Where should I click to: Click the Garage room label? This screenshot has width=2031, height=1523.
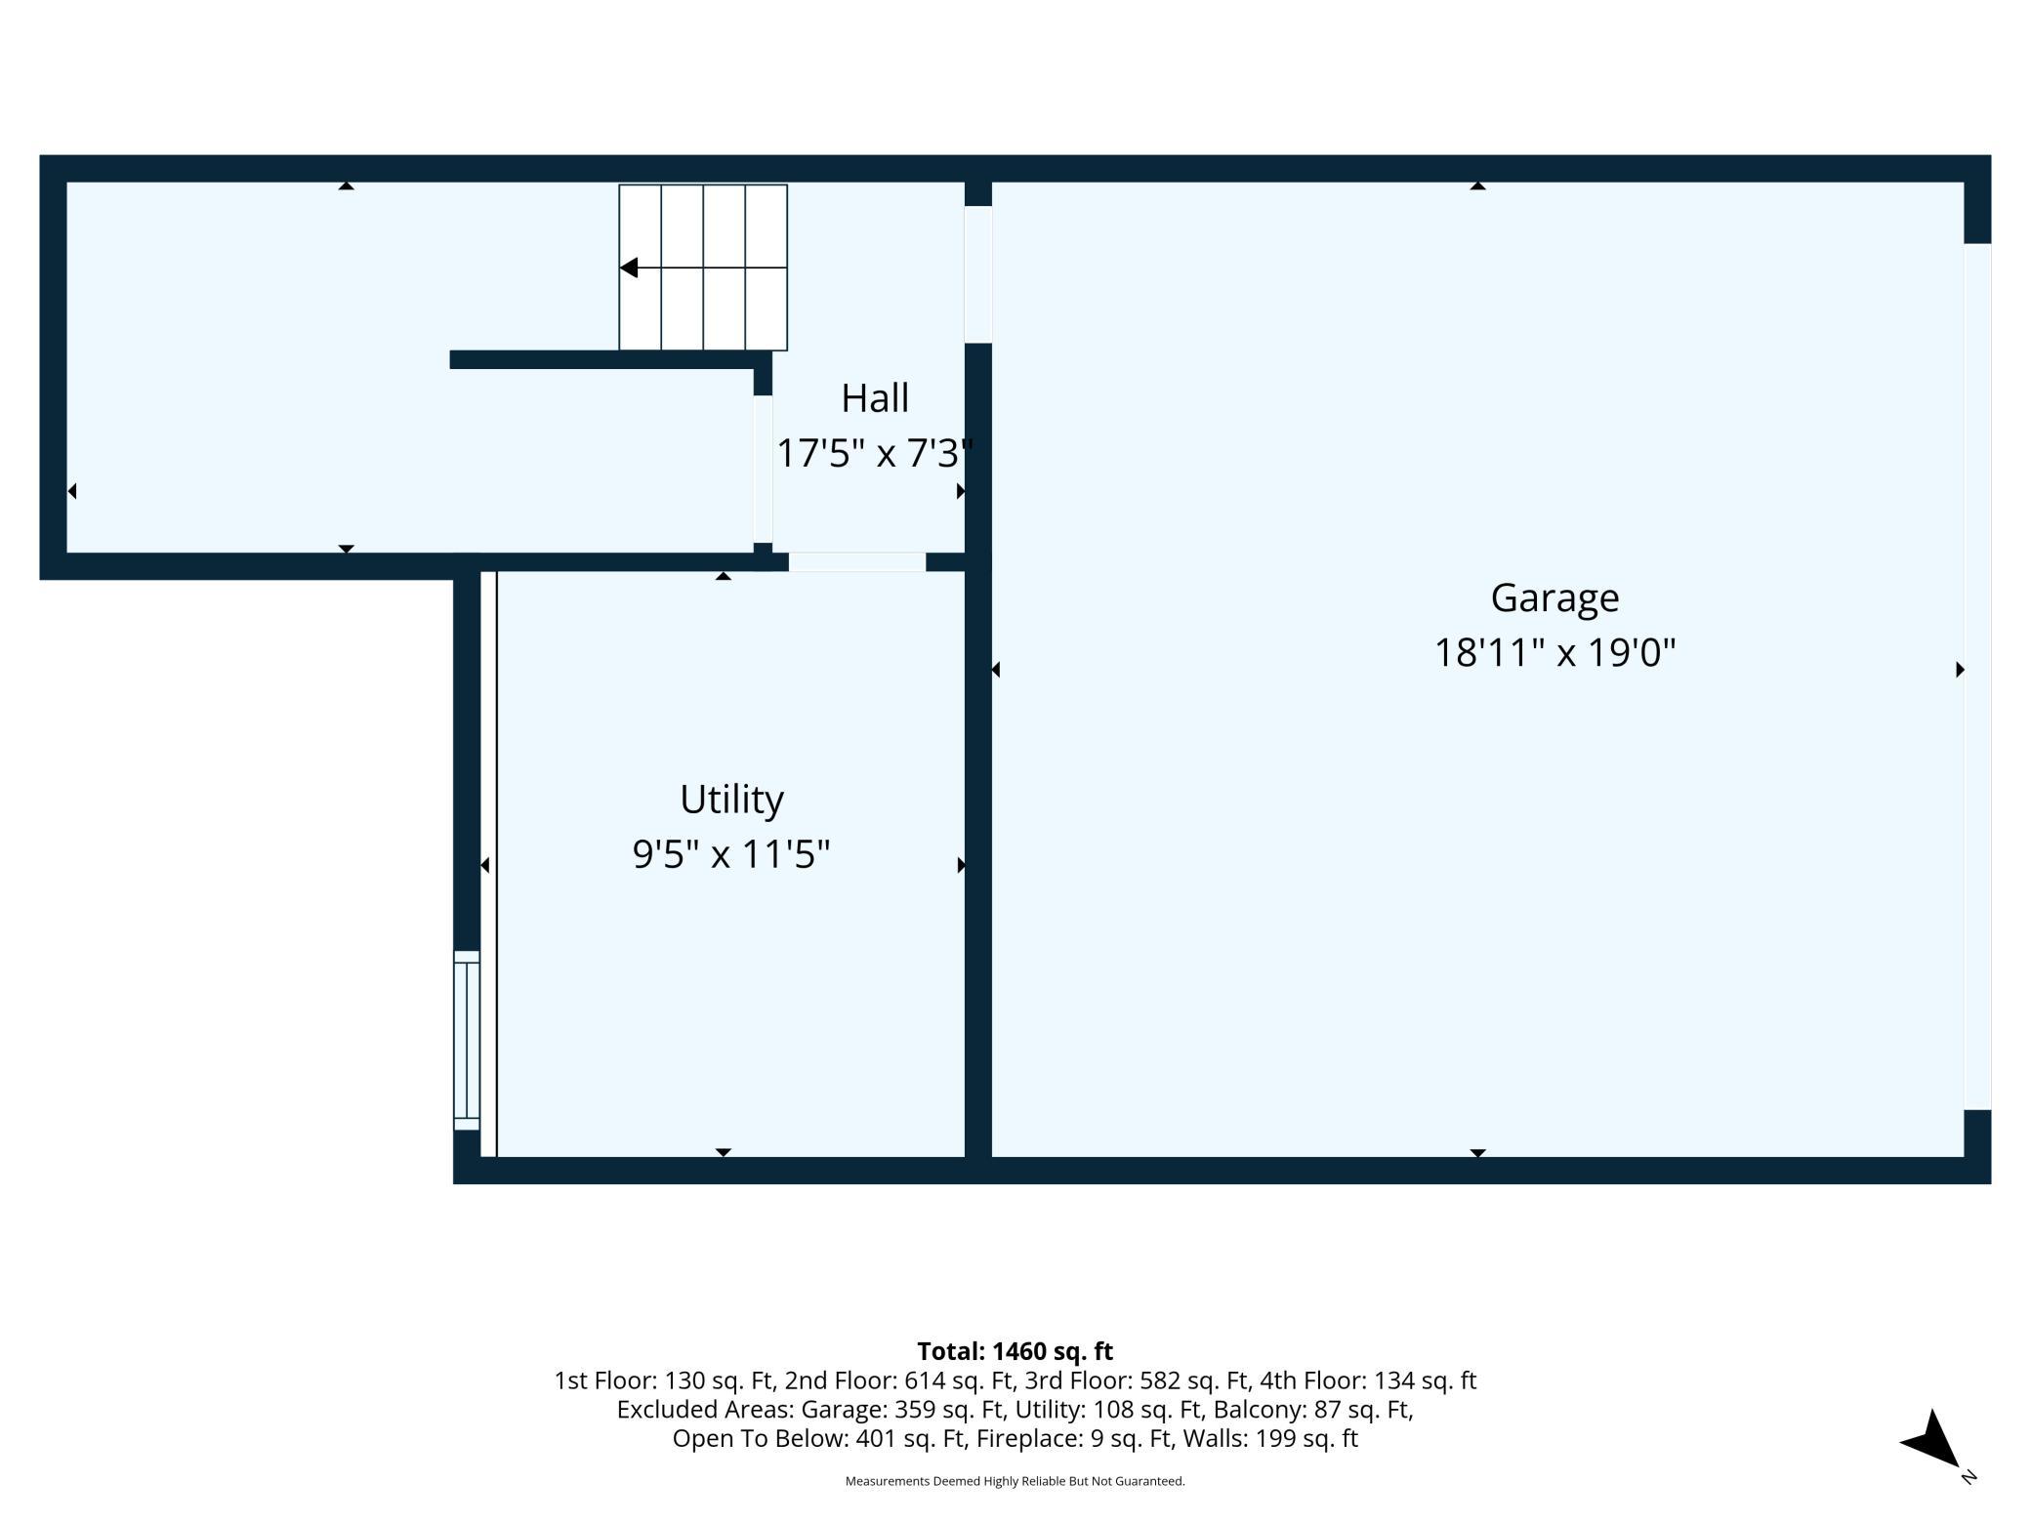[1554, 597]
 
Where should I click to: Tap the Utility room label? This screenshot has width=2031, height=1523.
[731, 801]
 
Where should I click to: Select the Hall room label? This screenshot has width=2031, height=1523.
[875, 398]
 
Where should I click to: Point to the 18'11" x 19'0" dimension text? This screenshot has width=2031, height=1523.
[1554, 652]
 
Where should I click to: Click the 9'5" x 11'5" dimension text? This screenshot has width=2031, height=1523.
[731, 854]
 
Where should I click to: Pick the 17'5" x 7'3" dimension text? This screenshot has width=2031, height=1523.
[875, 453]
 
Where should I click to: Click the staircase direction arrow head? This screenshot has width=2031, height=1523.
[629, 268]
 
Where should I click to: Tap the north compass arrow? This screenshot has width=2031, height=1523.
[1932, 1439]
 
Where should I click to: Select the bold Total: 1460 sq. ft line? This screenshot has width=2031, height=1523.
[1015, 1351]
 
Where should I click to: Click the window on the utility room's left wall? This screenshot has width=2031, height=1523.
[467, 1040]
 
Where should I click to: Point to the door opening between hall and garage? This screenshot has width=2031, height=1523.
[978, 274]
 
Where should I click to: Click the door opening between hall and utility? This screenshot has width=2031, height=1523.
[857, 561]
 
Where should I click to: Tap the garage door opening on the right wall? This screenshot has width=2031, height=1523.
[1977, 676]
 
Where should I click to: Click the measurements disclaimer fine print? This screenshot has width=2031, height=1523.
[1015, 1481]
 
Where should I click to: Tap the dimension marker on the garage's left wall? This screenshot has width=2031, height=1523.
[996, 670]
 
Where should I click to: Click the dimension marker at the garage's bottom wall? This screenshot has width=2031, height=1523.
[1477, 1153]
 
